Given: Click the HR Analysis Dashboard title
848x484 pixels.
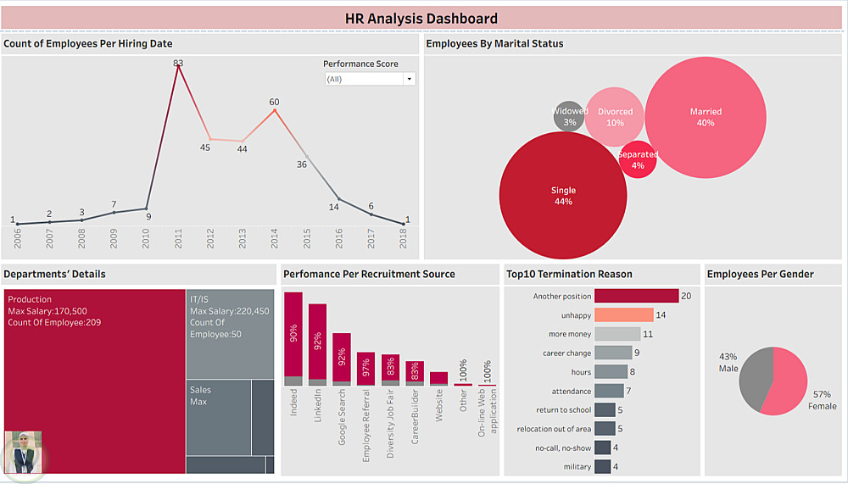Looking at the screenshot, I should tap(421, 18).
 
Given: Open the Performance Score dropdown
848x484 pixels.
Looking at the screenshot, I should tap(370, 79).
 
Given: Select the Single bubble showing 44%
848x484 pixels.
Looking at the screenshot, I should tap(563, 196).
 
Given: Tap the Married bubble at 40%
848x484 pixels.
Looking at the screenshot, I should tap(706, 117).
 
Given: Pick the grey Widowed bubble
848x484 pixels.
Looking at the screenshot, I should tap(569, 116).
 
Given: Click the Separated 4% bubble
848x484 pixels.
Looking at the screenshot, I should tap(638, 160).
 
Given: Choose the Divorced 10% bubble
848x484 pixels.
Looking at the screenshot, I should tap(615, 117).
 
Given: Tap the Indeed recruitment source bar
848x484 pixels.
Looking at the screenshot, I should tap(293, 339).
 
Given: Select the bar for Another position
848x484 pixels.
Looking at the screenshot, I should tap(636, 296).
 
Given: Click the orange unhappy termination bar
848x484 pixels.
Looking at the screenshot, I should tap(623, 315).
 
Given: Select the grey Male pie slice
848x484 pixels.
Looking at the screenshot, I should tap(753, 381).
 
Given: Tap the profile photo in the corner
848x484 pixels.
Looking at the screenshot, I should tap(24, 452).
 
